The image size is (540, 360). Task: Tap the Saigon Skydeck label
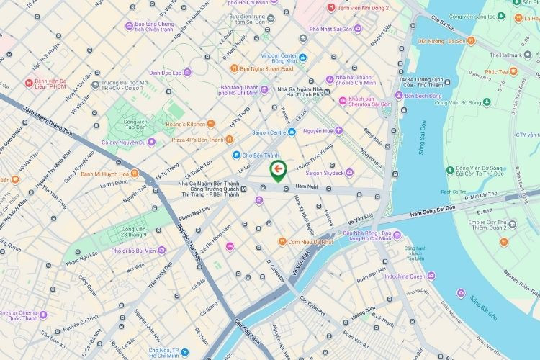point(323,173)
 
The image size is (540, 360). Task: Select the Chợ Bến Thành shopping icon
point(235,155)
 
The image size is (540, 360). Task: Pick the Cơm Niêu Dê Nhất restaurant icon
point(282,243)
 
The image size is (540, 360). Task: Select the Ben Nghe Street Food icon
point(234,69)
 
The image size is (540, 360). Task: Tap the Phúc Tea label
point(496,72)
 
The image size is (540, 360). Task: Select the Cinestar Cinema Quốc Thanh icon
point(43,314)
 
